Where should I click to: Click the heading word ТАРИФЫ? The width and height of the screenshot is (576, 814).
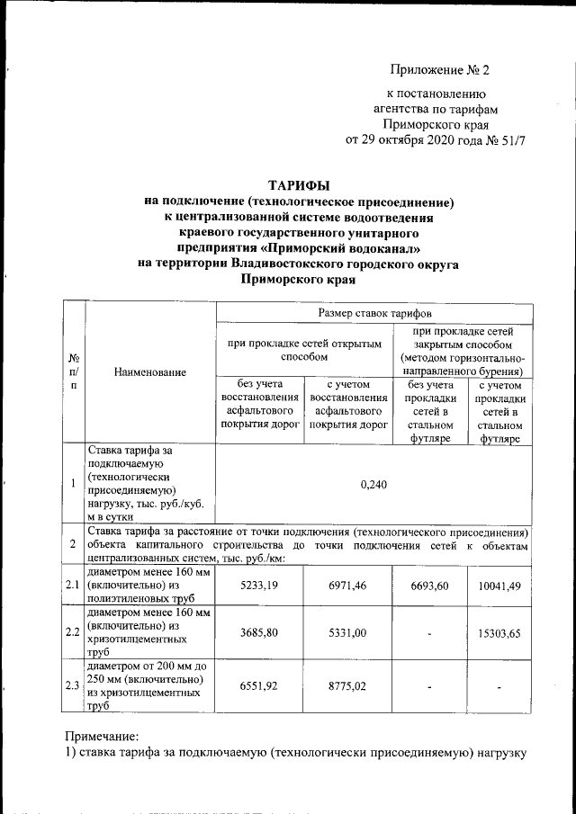[x=299, y=183]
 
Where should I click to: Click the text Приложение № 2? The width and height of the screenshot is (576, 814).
[x=439, y=70]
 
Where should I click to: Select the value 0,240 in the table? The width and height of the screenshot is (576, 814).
[x=373, y=485]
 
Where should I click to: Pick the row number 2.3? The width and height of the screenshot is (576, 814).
[x=73, y=686]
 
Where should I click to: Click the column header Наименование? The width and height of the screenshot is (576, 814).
[x=150, y=371]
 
